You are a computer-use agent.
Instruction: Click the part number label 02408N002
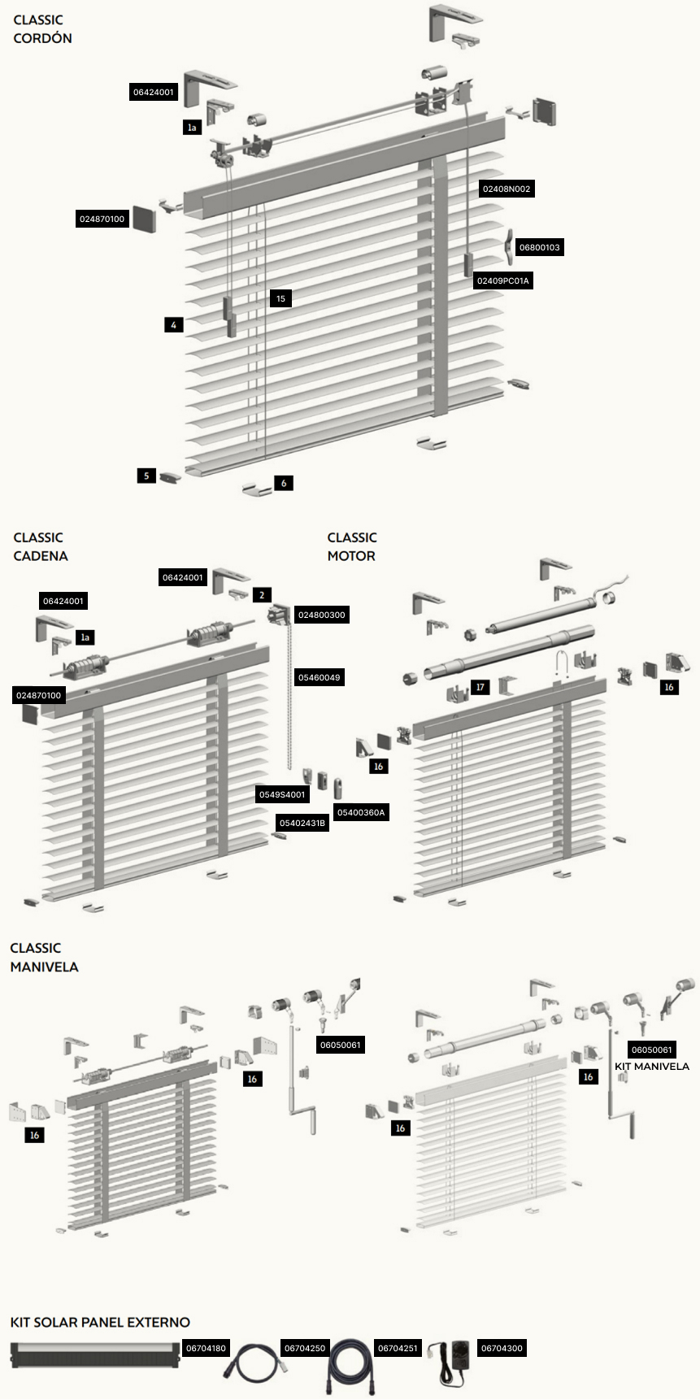(x=507, y=189)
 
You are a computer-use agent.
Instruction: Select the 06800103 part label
(x=539, y=247)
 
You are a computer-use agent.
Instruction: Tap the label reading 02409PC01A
(x=502, y=281)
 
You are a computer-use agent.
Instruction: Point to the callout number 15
(x=280, y=298)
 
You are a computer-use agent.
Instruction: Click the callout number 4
(x=173, y=324)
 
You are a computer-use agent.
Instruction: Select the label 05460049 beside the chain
(x=319, y=677)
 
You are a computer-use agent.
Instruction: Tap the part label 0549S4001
(x=282, y=794)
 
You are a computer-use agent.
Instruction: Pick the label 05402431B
(x=302, y=824)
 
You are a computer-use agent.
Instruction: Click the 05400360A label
(x=361, y=812)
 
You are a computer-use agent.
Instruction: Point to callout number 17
(x=480, y=688)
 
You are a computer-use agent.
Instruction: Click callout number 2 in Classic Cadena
(x=262, y=595)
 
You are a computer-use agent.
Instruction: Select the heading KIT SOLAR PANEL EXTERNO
(x=100, y=1323)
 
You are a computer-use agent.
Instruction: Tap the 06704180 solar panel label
(x=206, y=1349)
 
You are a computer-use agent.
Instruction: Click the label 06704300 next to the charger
(x=502, y=1349)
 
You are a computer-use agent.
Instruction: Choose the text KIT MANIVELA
(x=652, y=1067)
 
